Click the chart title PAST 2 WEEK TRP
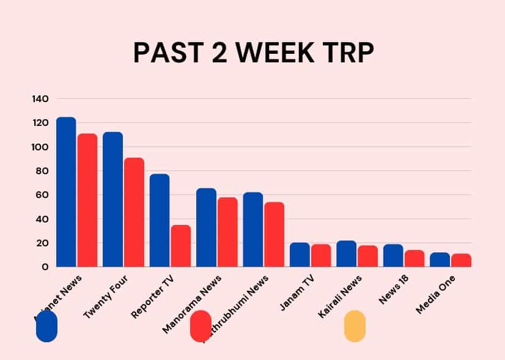253,53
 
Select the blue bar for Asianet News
66,192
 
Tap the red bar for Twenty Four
134,212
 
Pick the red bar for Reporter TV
181,246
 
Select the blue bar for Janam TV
300,255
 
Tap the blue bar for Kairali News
346,254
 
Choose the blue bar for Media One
440,260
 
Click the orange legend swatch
355,326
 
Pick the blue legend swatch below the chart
47,326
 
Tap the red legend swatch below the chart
201,326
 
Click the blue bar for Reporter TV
160,220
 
